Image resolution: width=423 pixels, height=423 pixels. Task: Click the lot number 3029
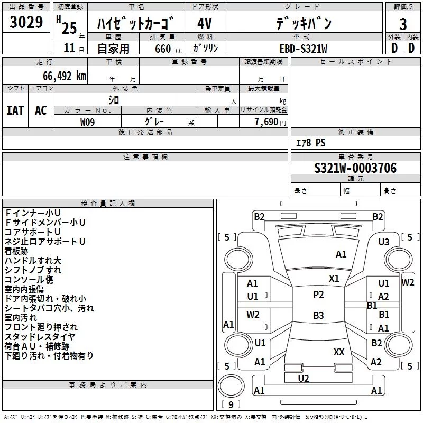click(26, 22)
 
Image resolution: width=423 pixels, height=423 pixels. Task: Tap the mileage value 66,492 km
click(65, 76)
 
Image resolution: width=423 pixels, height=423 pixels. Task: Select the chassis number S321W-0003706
click(355, 168)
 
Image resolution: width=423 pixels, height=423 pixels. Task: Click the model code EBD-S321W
click(303, 49)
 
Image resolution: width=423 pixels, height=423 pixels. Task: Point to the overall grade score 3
click(403, 24)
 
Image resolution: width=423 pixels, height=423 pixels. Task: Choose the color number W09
click(87, 122)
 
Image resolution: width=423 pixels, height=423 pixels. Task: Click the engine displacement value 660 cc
click(168, 49)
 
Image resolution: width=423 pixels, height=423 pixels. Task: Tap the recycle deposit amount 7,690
click(266, 122)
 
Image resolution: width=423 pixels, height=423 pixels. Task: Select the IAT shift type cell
click(15, 110)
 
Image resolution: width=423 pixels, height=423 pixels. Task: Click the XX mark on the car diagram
click(339, 352)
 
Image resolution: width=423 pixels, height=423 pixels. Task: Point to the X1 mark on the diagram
click(334, 279)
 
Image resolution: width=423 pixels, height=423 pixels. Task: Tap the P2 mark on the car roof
click(318, 295)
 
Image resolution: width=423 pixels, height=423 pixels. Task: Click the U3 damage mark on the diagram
click(384, 242)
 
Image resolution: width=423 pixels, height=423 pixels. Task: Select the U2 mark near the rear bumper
click(303, 379)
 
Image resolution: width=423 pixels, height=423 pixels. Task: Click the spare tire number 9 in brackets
click(231, 404)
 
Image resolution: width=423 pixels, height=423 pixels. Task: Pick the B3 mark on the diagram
click(318, 315)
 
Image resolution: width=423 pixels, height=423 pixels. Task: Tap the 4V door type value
click(205, 23)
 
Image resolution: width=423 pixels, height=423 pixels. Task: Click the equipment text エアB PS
click(310, 142)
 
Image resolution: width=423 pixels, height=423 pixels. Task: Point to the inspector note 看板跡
click(16, 251)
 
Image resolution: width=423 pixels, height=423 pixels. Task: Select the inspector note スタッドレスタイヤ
click(40, 337)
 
